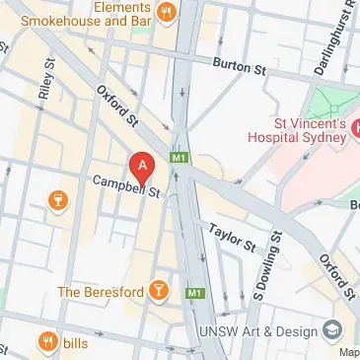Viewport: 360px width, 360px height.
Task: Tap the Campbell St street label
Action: click(x=126, y=186)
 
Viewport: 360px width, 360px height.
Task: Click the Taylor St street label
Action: click(x=232, y=237)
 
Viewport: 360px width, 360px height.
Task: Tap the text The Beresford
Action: click(x=100, y=292)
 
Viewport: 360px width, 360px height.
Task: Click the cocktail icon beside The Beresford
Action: click(x=159, y=291)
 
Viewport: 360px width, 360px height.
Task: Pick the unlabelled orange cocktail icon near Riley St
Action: click(x=58, y=202)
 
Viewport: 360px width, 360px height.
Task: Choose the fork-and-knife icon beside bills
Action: click(x=46, y=342)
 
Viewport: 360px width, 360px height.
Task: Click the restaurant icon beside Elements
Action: click(x=167, y=13)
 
